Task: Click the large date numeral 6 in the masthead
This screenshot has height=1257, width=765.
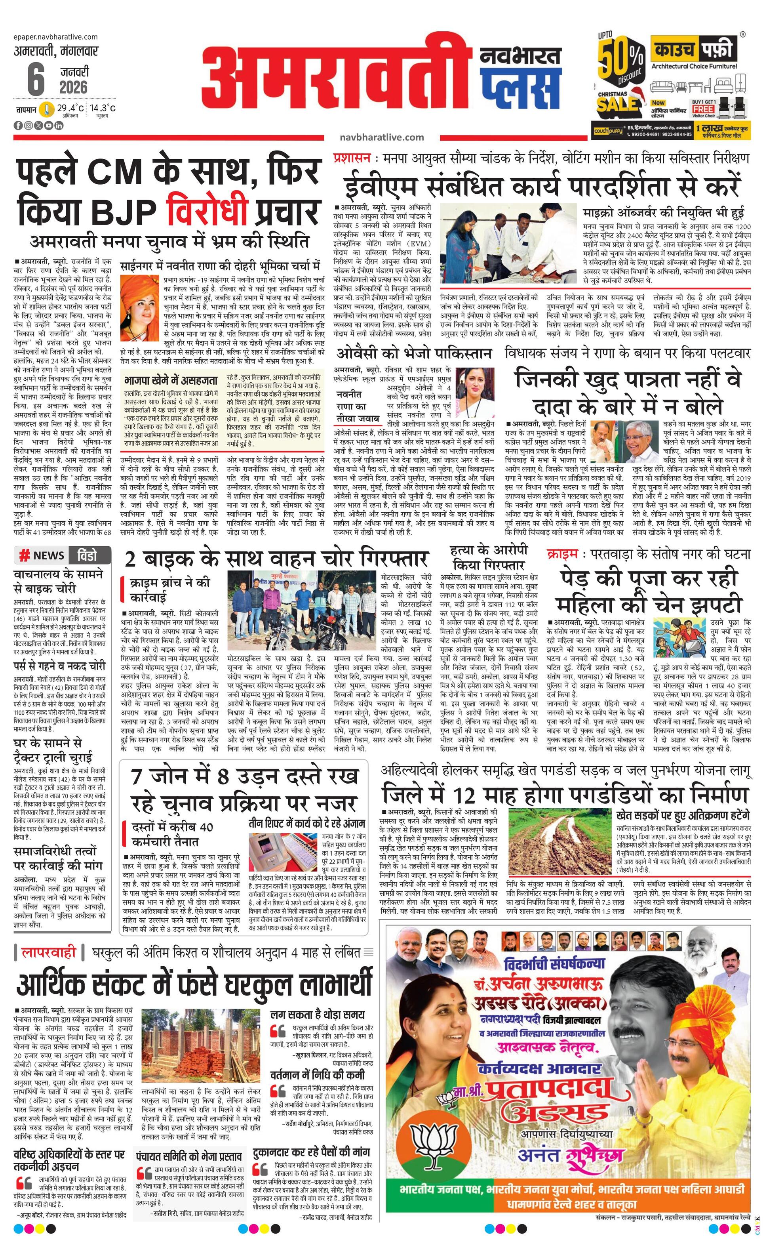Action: tap(36, 79)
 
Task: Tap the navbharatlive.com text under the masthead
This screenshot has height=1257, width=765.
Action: tap(381, 137)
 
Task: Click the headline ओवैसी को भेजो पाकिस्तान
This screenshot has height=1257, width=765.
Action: tap(414, 353)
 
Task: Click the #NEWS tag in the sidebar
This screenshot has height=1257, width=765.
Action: tap(43, 555)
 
